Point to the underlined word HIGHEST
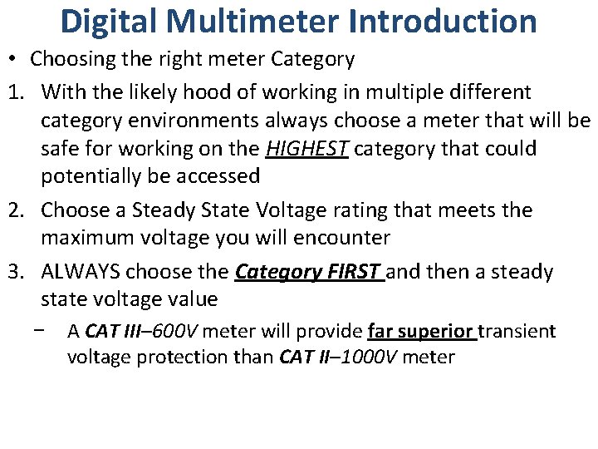click(x=306, y=150)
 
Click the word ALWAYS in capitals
click(x=81, y=272)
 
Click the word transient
click(x=517, y=332)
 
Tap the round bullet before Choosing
click(x=16, y=60)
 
